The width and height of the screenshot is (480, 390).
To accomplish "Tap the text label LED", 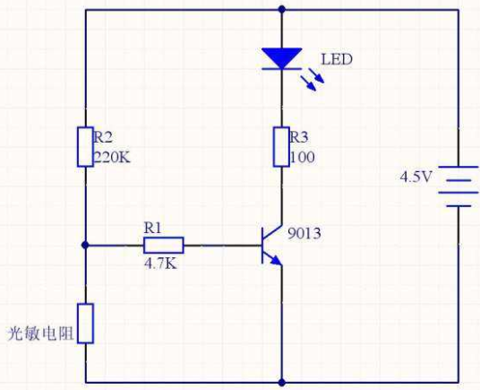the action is pos(337,59).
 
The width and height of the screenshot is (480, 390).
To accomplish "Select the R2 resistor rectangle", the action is pos(85,147).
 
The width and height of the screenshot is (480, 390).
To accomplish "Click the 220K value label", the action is pos(112,158).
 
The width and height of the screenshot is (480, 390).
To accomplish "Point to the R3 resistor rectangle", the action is pos(281,147).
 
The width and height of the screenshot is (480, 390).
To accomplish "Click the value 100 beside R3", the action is pos(302,158).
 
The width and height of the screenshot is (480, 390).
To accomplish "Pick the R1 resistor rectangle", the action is pos(164,245).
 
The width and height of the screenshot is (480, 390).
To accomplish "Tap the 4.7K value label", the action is pos(160,264).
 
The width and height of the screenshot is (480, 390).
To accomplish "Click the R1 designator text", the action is pos(152,229).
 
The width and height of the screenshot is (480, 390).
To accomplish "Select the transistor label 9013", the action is pos(304,234).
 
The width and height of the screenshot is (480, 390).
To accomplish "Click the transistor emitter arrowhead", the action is pos(277,260).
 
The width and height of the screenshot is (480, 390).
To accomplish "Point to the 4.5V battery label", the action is pos(416,178).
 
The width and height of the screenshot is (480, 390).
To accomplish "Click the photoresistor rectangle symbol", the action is pos(85,324).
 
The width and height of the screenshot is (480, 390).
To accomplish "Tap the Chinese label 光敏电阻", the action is pos(40,334).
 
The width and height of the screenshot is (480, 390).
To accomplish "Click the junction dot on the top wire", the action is pos(282,10).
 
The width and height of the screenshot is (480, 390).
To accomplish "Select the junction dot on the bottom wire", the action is pos(282,382).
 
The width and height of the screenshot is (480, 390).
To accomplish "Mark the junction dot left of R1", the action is pos(85,245).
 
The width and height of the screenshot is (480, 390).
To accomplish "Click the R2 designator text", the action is pos(103,137).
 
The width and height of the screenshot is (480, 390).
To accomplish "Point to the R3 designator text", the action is pos(299,137).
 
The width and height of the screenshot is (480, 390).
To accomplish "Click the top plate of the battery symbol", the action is pos(458,168).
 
